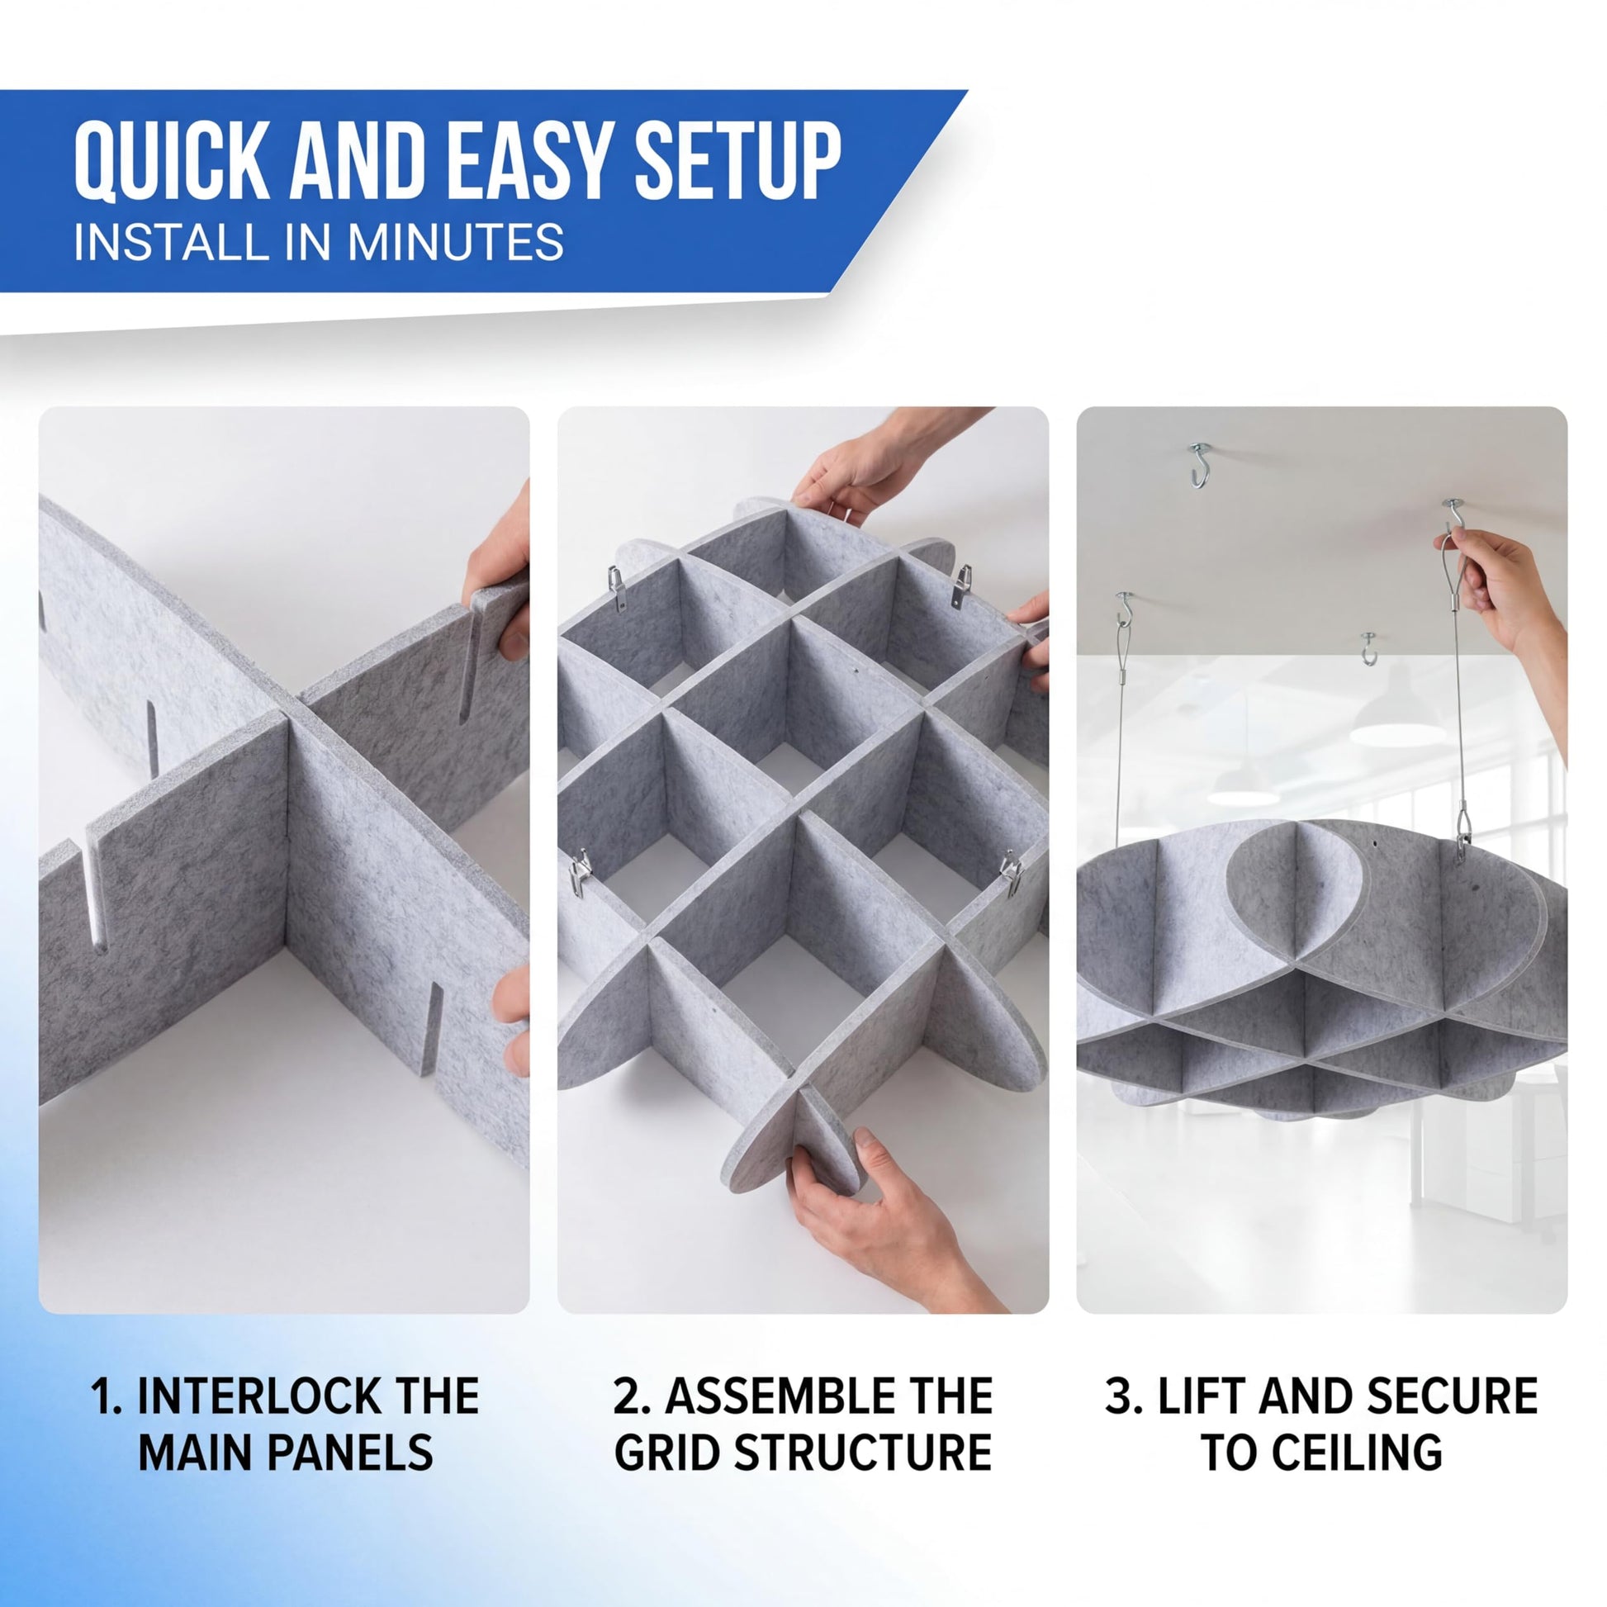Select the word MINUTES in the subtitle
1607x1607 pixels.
(x=456, y=242)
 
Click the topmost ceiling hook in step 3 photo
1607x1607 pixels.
(x=1198, y=466)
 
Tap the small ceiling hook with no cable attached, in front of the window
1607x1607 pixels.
(x=1369, y=648)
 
